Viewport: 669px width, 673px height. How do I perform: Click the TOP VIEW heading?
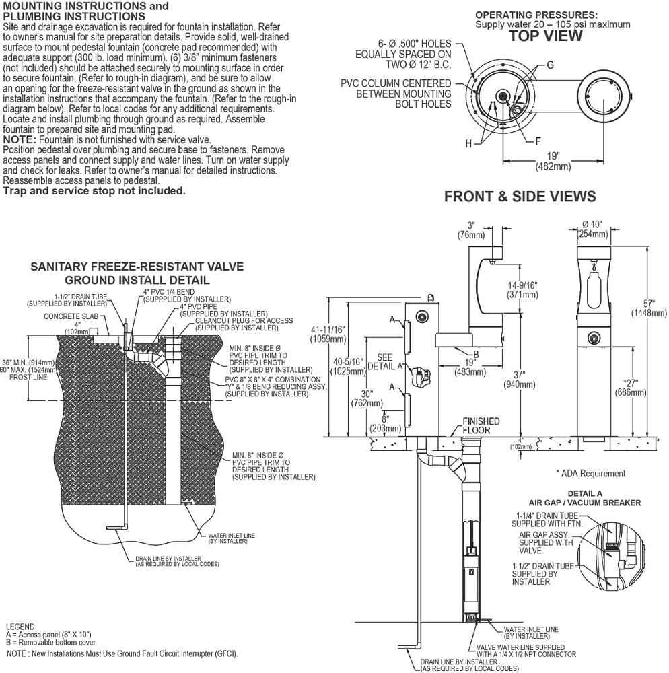tap(546, 36)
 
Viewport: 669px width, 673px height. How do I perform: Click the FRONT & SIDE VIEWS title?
tap(520, 197)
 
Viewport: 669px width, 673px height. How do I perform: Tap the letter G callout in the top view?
tap(550, 65)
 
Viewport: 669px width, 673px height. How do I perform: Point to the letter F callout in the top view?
tap(538, 141)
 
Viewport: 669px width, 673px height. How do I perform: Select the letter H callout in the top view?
tap(468, 143)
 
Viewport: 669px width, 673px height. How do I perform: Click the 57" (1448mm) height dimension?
tap(649, 308)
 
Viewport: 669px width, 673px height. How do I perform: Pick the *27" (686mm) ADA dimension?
tap(631, 387)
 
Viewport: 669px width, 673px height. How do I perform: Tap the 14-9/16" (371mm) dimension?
tap(522, 289)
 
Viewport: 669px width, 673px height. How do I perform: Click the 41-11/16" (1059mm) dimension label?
tap(328, 334)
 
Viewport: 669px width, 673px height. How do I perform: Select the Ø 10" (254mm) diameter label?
tap(593, 229)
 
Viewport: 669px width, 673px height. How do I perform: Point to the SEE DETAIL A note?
tap(385, 362)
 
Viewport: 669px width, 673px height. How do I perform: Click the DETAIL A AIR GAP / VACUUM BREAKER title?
tap(584, 498)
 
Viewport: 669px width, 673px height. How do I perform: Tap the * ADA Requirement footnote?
tap(590, 473)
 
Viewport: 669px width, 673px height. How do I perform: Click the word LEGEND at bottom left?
tap(20, 626)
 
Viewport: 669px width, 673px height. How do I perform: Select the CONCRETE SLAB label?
tap(71, 316)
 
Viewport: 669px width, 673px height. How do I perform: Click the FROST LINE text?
tap(28, 378)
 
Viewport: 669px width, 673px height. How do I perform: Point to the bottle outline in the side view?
tap(594, 292)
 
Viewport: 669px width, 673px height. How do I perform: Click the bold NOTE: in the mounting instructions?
tap(20, 139)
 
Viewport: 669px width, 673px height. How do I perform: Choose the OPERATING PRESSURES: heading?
tap(536, 15)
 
